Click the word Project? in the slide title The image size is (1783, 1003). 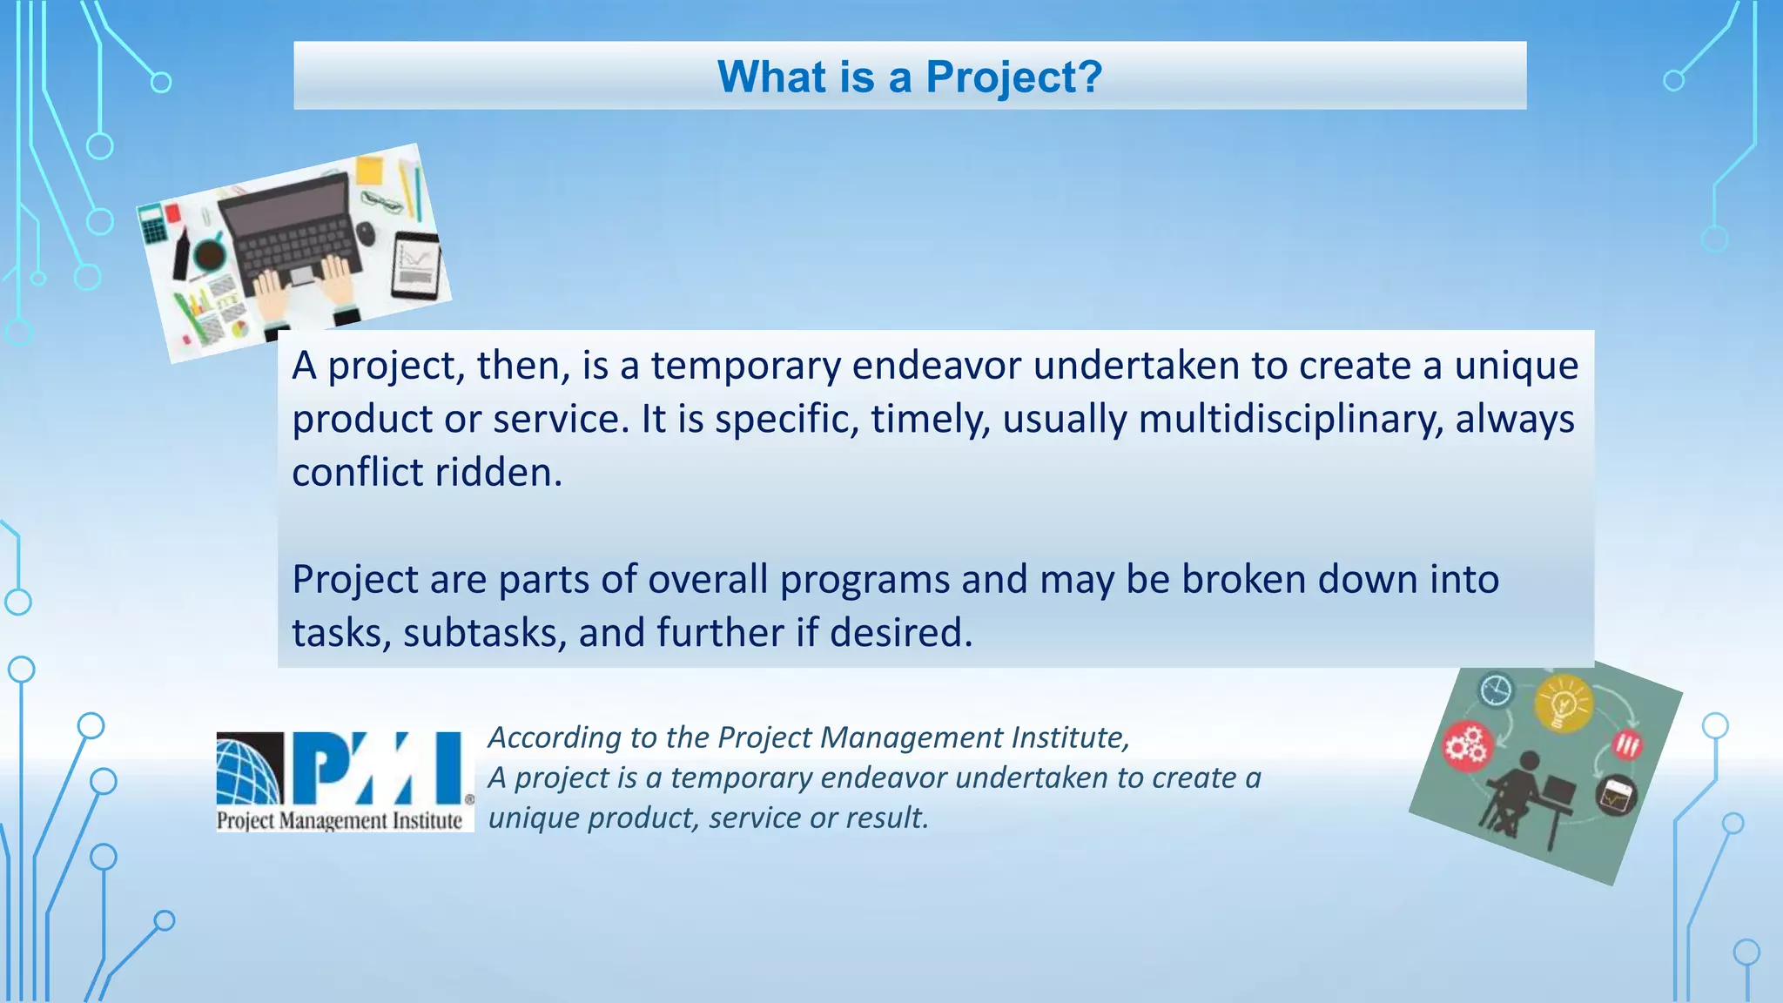coord(1013,77)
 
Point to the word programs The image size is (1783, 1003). coord(865,579)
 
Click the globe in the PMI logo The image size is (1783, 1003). coord(249,769)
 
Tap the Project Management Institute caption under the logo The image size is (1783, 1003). coord(340,820)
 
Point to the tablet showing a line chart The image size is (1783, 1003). coord(416,266)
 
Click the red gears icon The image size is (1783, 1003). coord(1468,746)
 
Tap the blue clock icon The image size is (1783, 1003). coord(1497,690)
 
